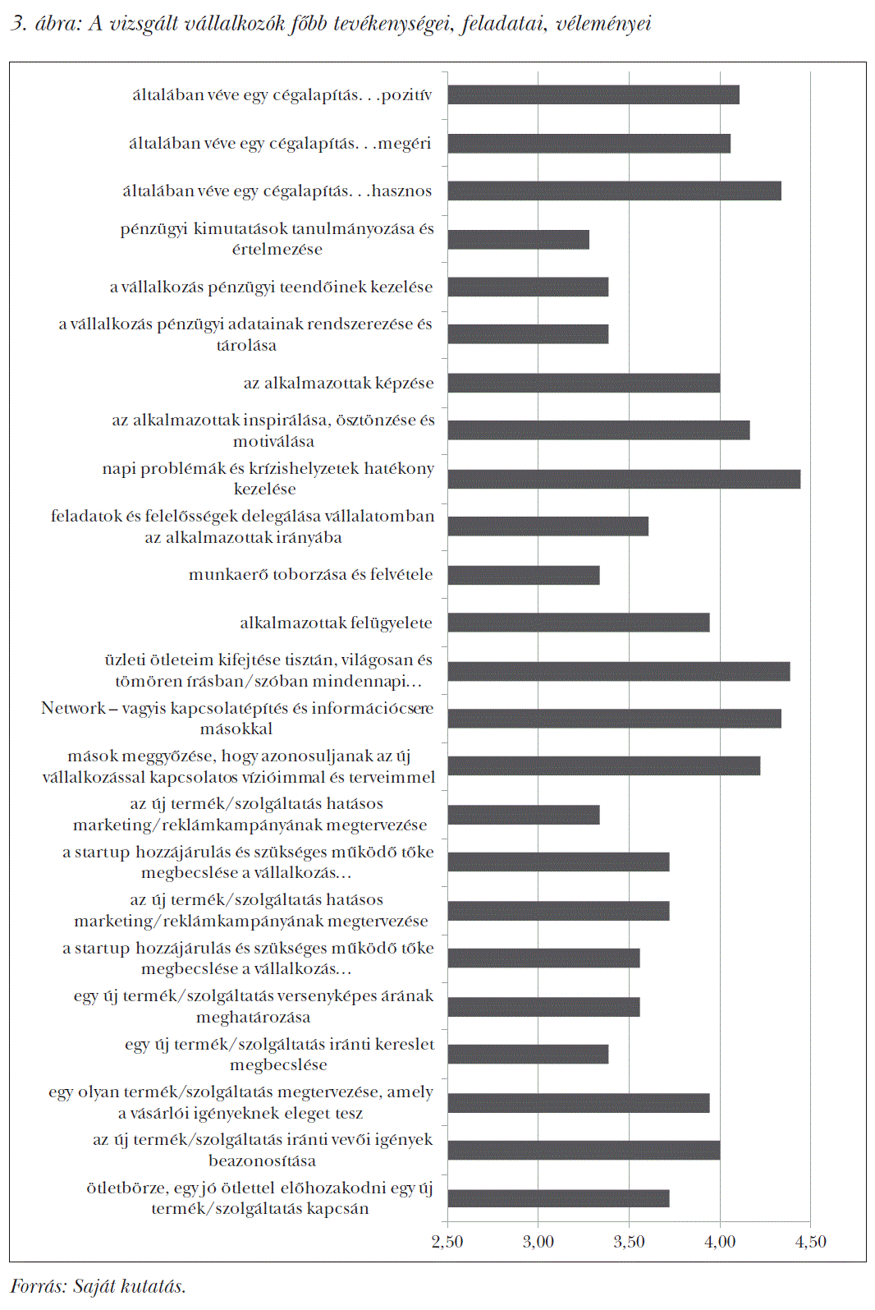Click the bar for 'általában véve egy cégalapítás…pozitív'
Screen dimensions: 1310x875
click(593, 94)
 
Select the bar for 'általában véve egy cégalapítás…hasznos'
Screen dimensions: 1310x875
click(614, 191)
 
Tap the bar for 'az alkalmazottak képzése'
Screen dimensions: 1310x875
click(584, 383)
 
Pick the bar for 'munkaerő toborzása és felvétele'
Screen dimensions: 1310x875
click(524, 575)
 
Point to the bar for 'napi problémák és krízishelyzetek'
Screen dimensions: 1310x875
click(624, 479)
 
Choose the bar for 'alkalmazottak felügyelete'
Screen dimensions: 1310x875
click(579, 623)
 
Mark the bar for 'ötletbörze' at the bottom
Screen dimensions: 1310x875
click(558, 1198)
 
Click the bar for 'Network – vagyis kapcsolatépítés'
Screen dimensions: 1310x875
click(614, 719)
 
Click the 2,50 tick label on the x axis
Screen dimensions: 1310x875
click(447, 1242)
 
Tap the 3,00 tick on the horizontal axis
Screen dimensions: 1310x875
click(538, 1242)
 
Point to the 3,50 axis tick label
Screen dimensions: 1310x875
click(629, 1242)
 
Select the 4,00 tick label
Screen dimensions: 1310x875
click(720, 1242)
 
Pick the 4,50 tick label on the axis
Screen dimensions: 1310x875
click(811, 1242)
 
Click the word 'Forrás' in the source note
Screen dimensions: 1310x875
click(38, 1286)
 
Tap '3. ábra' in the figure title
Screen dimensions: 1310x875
click(41, 24)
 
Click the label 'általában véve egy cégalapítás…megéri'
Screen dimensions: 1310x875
click(280, 144)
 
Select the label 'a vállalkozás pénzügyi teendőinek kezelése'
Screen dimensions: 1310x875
click(271, 287)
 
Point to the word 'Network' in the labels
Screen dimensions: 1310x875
click(73, 708)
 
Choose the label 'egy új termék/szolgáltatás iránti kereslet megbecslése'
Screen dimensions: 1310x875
click(279, 1055)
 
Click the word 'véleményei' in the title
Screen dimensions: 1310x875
click(604, 24)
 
